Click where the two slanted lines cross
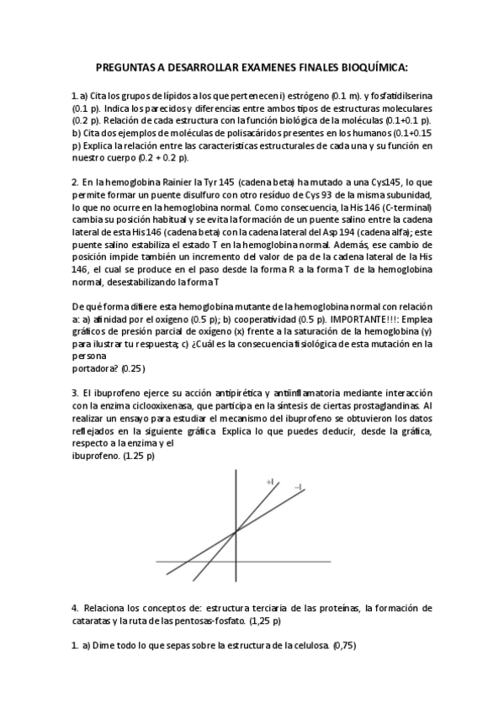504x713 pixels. tap(235, 531)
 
